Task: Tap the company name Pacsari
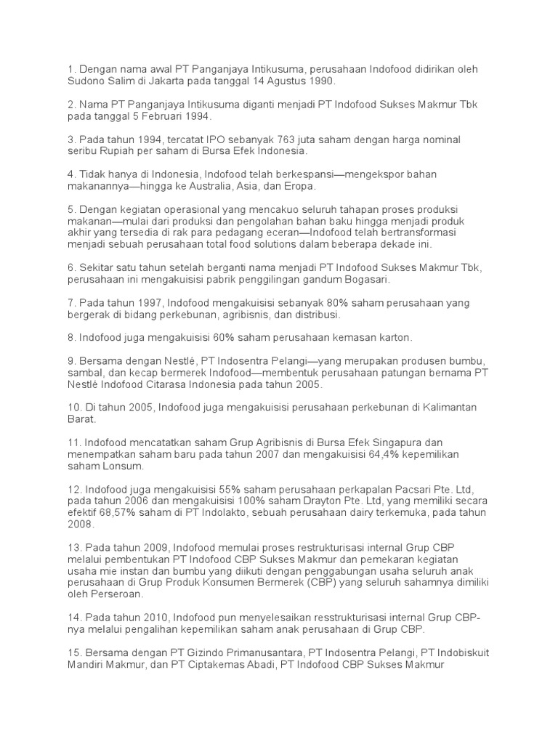tap(385, 489)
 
